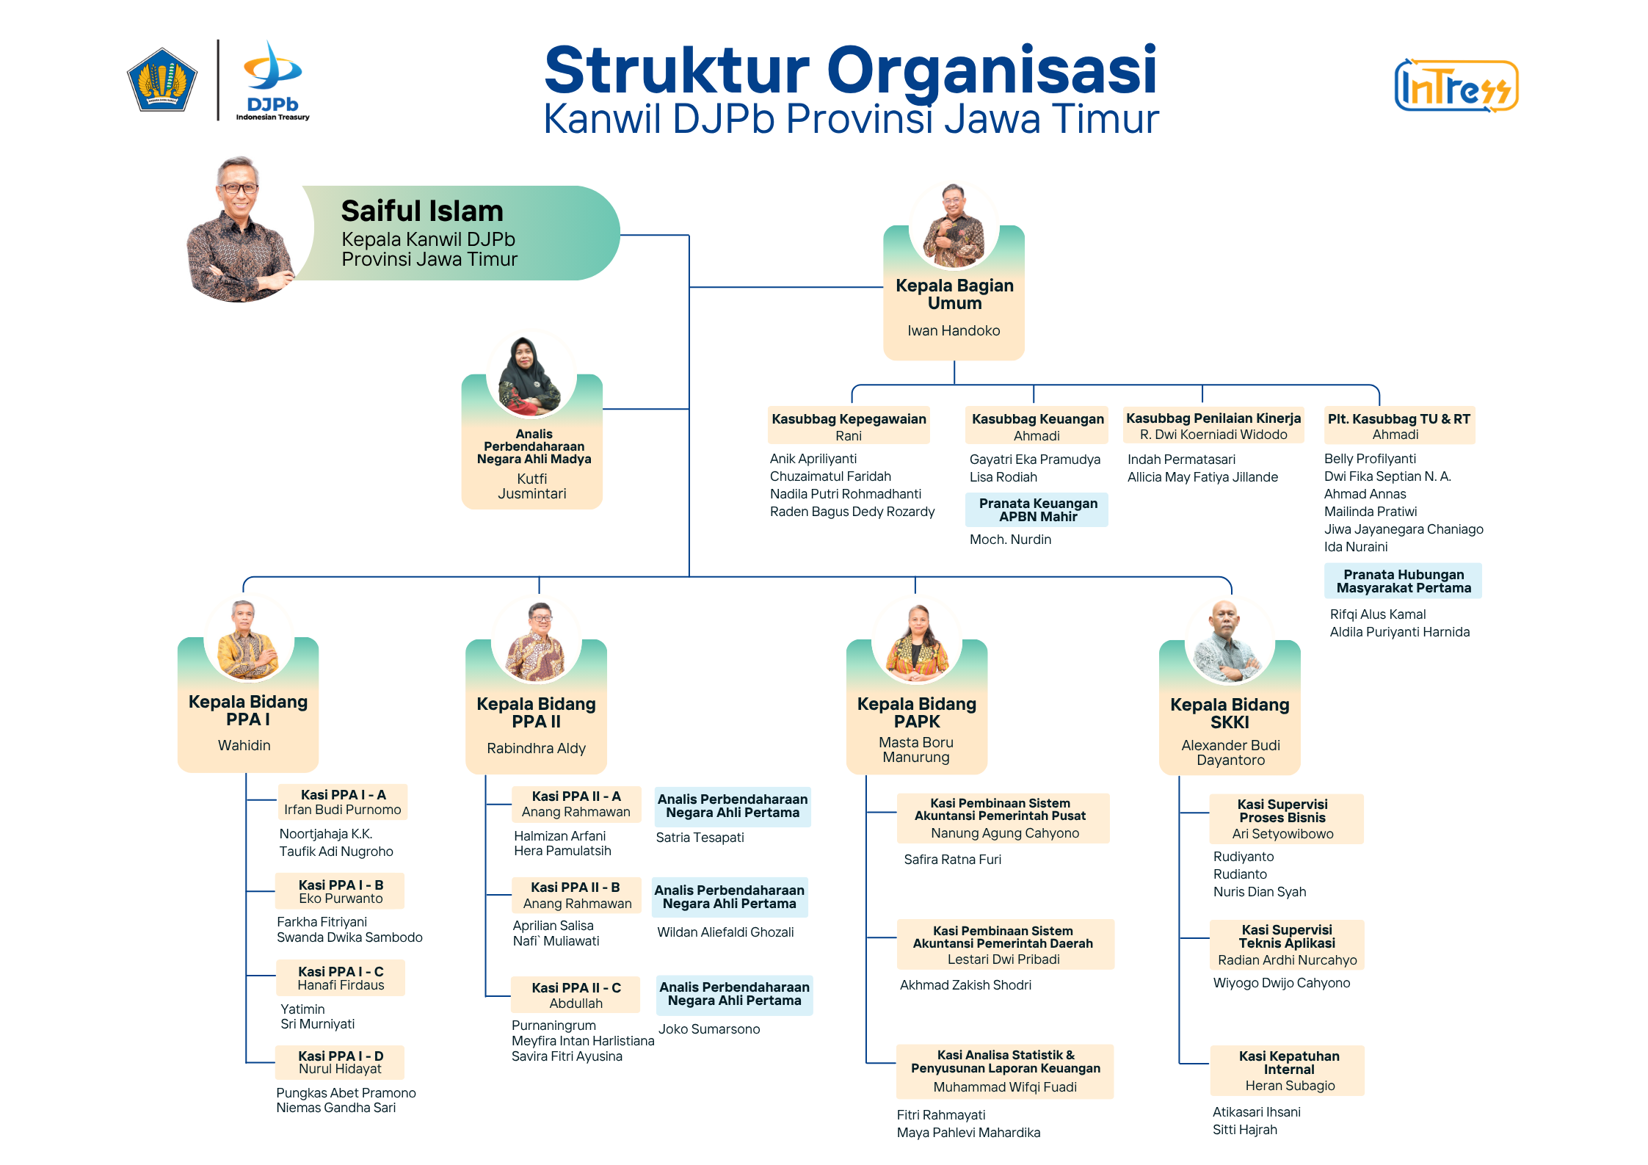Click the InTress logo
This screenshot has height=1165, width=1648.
[x=1456, y=86]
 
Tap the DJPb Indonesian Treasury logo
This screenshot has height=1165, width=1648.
[x=272, y=81]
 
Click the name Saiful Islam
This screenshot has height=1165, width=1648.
[x=422, y=211]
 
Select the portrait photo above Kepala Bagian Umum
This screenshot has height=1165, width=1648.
[x=954, y=225]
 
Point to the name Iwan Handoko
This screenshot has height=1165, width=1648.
[x=954, y=330]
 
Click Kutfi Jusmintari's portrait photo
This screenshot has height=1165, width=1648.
[x=531, y=375]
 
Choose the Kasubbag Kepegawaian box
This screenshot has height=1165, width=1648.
[x=849, y=426]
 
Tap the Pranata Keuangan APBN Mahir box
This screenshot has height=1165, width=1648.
[x=1037, y=509]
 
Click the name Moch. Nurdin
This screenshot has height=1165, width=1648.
[x=1010, y=540]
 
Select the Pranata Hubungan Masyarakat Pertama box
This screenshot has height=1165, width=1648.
[x=1403, y=581]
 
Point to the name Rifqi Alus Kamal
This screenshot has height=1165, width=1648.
[x=1378, y=614]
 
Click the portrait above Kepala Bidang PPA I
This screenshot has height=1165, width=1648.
[x=248, y=638]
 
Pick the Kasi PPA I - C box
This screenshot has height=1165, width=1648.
[x=341, y=978]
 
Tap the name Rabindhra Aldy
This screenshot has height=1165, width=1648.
[x=536, y=748]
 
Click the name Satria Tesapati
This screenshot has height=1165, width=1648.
[x=700, y=838]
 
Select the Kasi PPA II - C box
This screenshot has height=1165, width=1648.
[x=576, y=995]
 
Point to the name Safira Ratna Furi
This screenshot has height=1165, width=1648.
[x=952, y=860]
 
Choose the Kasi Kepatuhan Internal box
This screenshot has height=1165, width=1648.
[x=1288, y=1070]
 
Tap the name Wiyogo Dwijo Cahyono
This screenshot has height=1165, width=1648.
[x=1281, y=983]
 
